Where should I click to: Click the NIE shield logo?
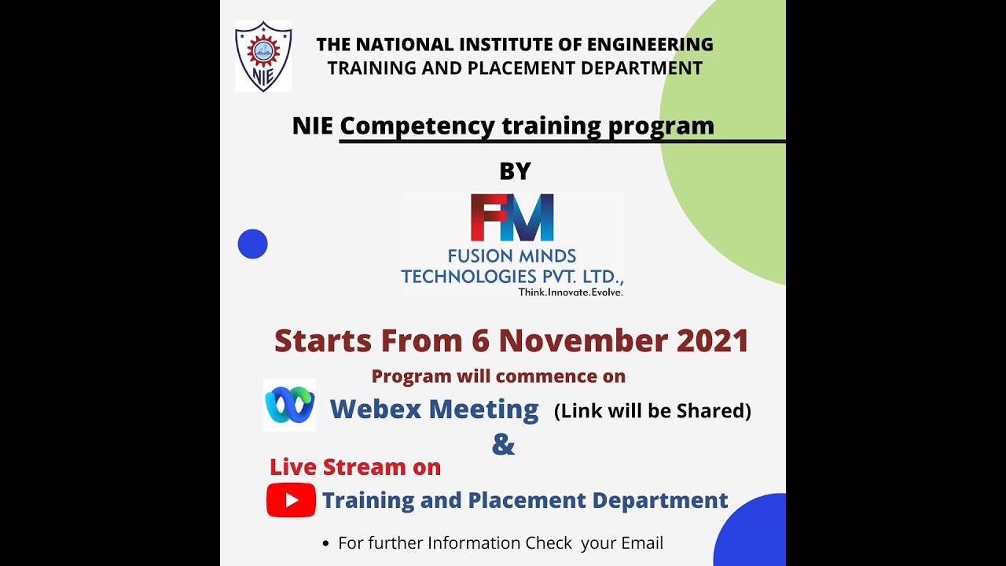coord(263,57)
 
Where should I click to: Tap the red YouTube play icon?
coord(291,500)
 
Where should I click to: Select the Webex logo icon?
coord(289,405)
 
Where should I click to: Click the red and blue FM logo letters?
coord(512,217)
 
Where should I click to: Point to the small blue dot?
coord(253,244)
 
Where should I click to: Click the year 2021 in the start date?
coord(712,340)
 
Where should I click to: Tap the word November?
coord(582,340)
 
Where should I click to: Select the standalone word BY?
coord(516,171)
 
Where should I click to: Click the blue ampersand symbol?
coord(503,444)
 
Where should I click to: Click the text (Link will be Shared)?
coord(652,410)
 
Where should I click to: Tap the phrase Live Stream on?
coord(355,467)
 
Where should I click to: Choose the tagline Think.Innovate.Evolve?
coord(571,292)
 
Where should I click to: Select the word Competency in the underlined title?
coord(417,126)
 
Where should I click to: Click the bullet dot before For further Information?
coord(326,544)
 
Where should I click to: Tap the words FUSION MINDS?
coord(512,256)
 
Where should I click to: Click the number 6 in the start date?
coord(481,340)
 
